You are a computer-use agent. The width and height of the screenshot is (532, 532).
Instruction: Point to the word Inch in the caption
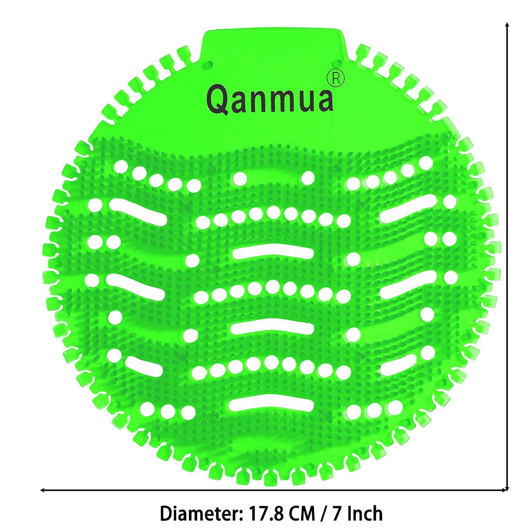click(366, 513)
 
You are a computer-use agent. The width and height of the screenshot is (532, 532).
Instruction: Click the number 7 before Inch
click(339, 513)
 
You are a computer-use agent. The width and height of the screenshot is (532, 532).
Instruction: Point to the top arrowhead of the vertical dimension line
click(508, 25)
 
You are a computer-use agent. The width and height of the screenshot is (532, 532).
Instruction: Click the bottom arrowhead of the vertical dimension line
click(508, 489)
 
